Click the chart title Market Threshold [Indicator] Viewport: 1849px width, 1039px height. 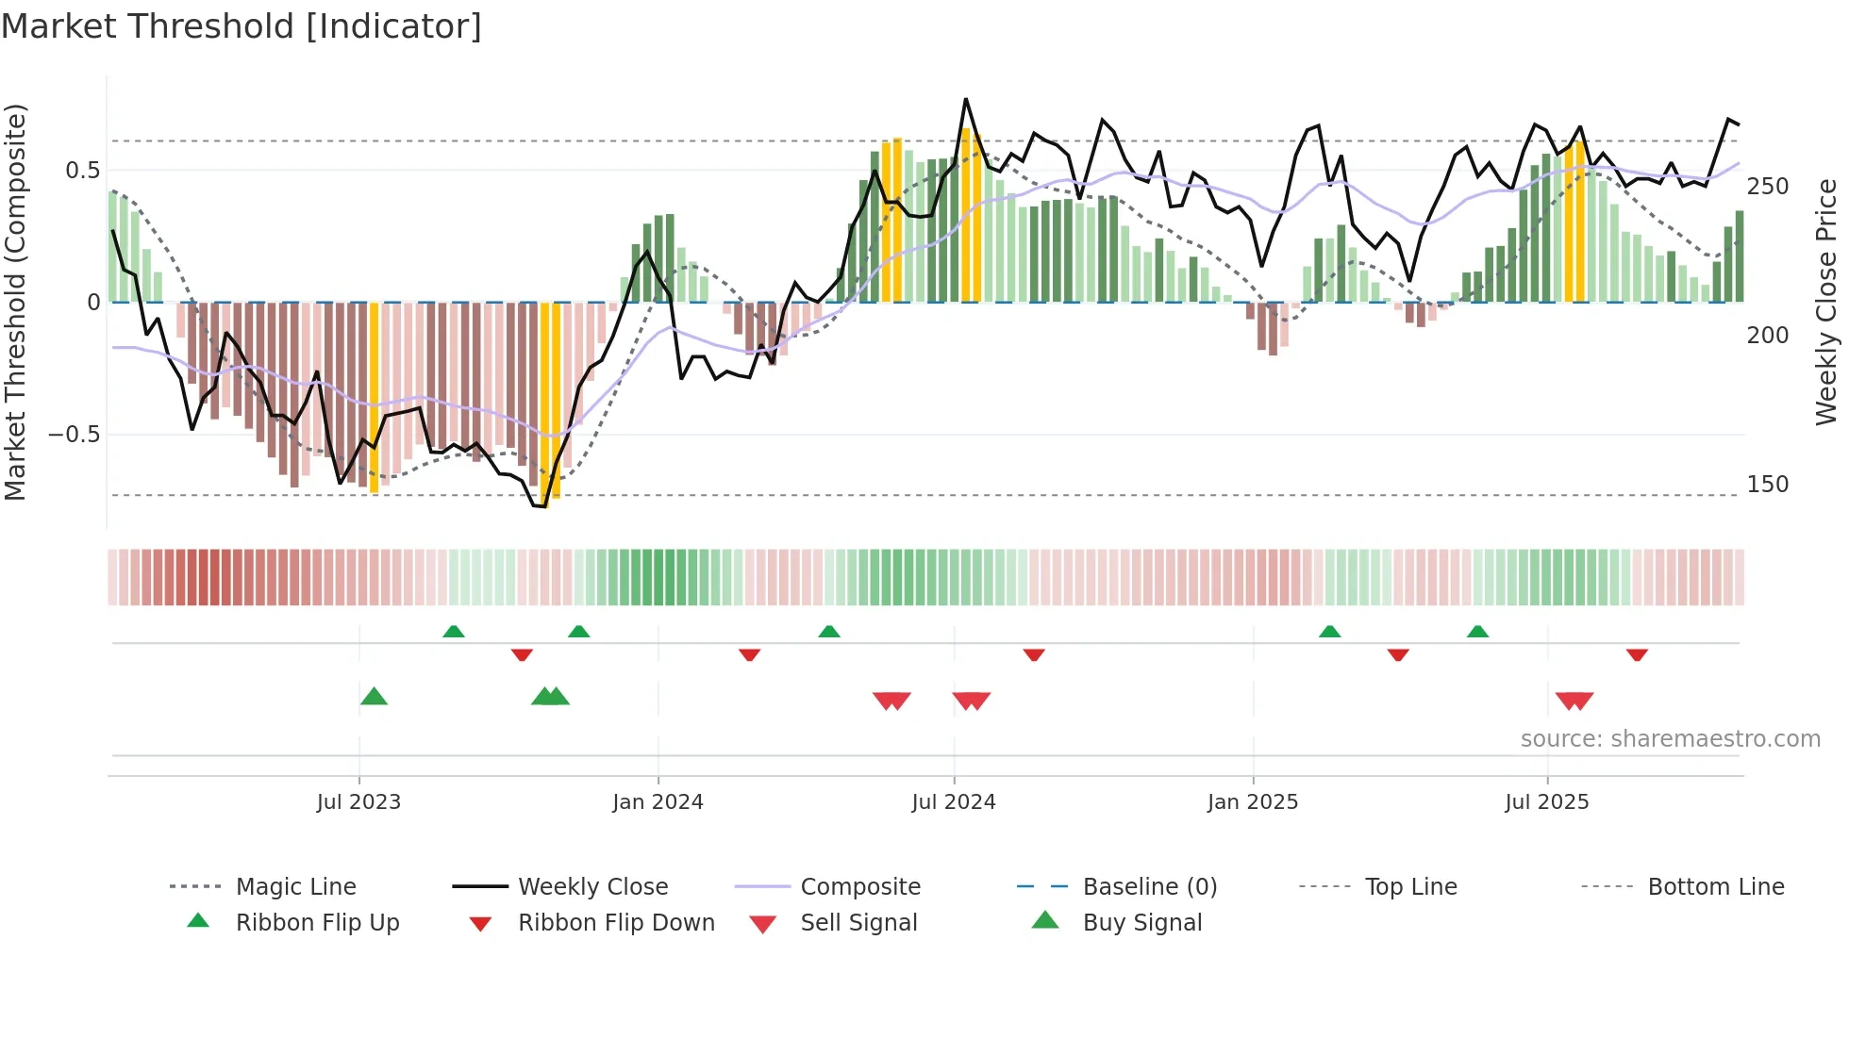coord(242,26)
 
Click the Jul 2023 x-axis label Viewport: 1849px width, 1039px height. coord(358,802)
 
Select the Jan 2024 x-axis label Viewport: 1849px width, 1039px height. coord(658,802)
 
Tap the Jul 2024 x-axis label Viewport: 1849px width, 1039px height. coord(953,802)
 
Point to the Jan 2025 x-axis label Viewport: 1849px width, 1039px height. coord(1253,802)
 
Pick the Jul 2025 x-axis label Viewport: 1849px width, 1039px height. coord(1547,802)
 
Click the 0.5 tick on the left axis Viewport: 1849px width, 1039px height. coord(82,171)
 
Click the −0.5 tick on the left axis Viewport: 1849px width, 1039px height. coord(75,435)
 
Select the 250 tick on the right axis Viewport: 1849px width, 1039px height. coord(1768,187)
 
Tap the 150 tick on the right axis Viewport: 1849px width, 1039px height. coord(1768,485)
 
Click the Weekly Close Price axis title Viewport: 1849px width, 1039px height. coord(1826,302)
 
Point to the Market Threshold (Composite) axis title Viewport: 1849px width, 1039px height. coord(15,302)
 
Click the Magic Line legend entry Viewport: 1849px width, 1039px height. coord(295,887)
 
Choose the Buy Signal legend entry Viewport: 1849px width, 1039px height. coord(1141,923)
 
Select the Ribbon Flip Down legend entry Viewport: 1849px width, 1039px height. coord(616,923)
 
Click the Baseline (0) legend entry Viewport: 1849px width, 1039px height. coord(1149,887)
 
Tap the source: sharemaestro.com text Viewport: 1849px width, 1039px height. coord(1670,739)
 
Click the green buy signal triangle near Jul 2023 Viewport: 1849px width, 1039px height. coord(374,697)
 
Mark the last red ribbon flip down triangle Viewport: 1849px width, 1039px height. coord(1637,654)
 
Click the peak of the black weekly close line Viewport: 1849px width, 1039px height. coord(965,99)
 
